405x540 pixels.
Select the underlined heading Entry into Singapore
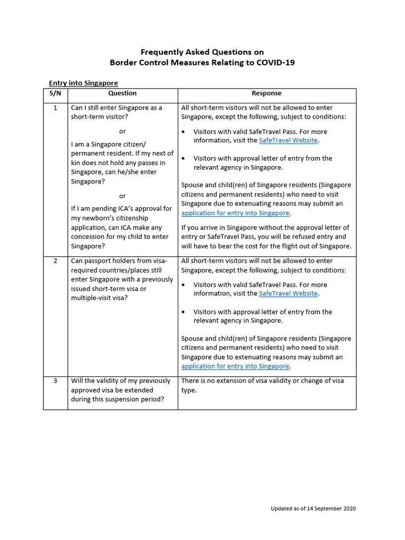point(83,83)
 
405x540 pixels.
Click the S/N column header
point(55,93)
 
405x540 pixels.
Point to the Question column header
point(122,93)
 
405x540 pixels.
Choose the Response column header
point(266,93)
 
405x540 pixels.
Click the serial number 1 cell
point(55,108)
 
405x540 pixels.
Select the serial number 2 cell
point(55,261)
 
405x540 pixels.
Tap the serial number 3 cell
point(55,381)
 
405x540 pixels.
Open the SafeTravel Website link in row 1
point(288,140)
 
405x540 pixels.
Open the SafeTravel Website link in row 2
point(288,294)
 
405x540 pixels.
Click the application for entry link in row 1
point(235,213)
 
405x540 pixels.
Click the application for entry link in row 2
point(235,366)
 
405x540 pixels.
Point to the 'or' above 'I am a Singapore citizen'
point(122,131)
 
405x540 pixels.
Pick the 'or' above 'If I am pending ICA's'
point(122,196)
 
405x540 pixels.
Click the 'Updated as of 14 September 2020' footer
point(313,508)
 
